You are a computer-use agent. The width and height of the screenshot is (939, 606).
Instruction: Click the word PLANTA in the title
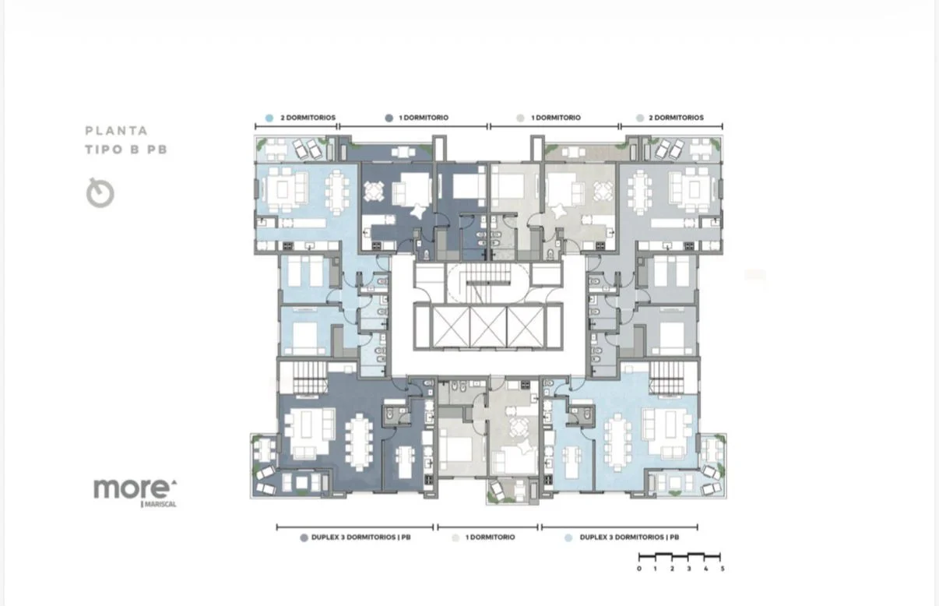pos(117,131)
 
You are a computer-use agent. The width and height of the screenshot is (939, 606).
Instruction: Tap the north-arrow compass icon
pos(100,192)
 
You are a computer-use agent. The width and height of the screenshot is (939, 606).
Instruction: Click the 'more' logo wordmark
pos(133,489)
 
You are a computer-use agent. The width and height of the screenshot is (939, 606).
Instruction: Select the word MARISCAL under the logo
pos(160,504)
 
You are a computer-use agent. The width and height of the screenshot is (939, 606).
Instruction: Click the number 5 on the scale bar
pos(723,569)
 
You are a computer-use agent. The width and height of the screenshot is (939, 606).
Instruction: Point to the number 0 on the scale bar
pos(639,569)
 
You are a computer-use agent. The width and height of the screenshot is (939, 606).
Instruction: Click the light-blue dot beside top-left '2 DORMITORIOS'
pos(269,118)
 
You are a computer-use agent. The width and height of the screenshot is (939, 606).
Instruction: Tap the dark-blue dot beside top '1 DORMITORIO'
pos(389,118)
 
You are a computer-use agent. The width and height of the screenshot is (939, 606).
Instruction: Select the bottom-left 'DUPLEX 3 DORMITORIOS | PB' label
pos(360,537)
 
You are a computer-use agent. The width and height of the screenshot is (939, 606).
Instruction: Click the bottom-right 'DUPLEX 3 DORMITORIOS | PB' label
pos(629,537)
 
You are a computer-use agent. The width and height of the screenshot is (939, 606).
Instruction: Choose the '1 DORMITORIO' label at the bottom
pos(490,537)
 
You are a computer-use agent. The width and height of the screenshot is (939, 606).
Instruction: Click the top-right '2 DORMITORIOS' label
pos(676,118)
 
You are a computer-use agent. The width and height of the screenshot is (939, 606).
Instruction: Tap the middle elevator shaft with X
pos(488,326)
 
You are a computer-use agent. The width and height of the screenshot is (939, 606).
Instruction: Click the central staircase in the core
pos(487,283)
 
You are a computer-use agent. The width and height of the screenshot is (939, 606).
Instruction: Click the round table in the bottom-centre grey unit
pos(519,428)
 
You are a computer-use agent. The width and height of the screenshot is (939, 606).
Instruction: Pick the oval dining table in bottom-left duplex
pos(358,442)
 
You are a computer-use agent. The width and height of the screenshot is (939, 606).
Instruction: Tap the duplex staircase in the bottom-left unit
pos(310,378)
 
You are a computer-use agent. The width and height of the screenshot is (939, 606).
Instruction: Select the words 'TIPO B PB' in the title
pos(126,150)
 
